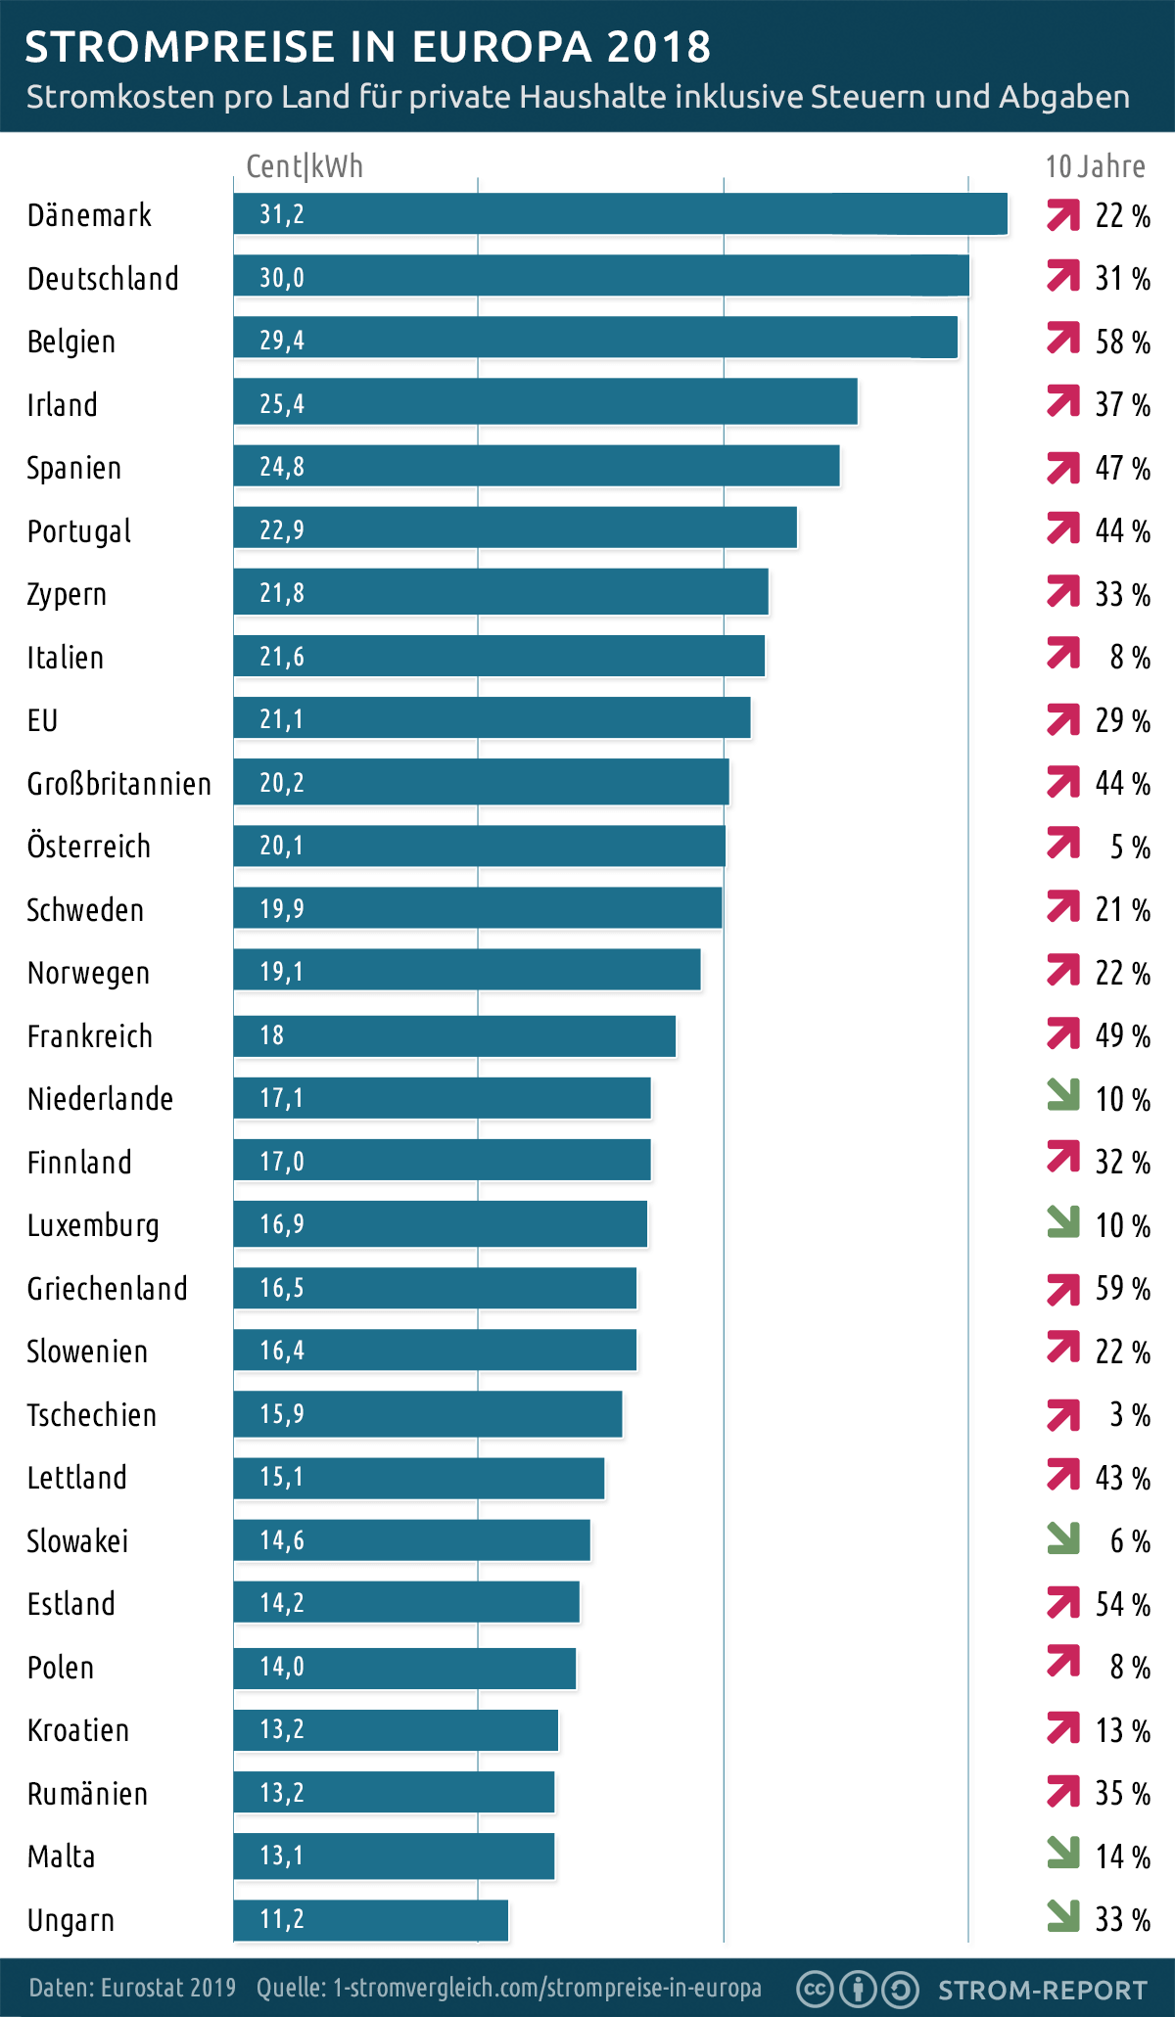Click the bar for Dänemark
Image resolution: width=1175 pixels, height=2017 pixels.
click(620, 214)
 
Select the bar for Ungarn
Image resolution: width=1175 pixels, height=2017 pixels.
click(370, 1920)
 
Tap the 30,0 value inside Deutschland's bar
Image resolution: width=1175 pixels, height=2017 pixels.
click(282, 278)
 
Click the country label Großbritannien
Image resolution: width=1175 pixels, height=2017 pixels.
click(118, 784)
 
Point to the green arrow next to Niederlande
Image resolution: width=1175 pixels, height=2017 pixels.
click(1062, 1095)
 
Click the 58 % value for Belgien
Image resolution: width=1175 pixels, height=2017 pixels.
click(1122, 342)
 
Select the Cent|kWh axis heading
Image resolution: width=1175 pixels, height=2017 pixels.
click(305, 166)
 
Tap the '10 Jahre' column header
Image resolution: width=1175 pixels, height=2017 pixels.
click(1095, 166)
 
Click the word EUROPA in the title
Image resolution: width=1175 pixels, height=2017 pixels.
click(501, 46)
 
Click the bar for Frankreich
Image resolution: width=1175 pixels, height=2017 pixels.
click(454, 1035)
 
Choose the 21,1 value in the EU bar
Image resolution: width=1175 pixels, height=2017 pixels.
click(282, 719)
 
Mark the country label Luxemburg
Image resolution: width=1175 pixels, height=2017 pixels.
click(93, 1225)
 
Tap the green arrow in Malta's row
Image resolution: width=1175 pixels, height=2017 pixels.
click(1062, 1852)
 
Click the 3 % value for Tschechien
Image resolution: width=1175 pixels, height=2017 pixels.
click(1129, 1415)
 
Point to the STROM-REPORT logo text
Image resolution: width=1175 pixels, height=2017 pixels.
click(1042, 1990)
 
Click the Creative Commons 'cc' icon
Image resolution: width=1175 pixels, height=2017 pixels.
click(815, 1989)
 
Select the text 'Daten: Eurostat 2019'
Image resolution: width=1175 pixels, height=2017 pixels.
click(132, 1988)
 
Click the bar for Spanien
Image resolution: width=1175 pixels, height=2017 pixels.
click(537, 467)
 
